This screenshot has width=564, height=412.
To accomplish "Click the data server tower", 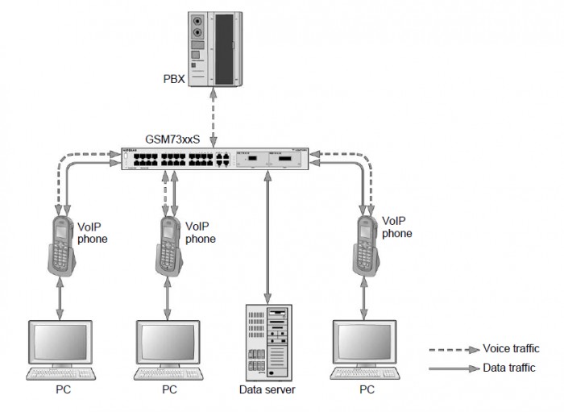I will point(267,343).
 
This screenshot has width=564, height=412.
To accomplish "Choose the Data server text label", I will point(267,389).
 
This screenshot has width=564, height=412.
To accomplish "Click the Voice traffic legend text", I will point(510,348).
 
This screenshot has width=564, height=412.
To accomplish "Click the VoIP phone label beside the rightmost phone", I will point(397,226).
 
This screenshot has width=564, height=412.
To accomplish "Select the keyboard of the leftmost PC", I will point(61,374).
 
